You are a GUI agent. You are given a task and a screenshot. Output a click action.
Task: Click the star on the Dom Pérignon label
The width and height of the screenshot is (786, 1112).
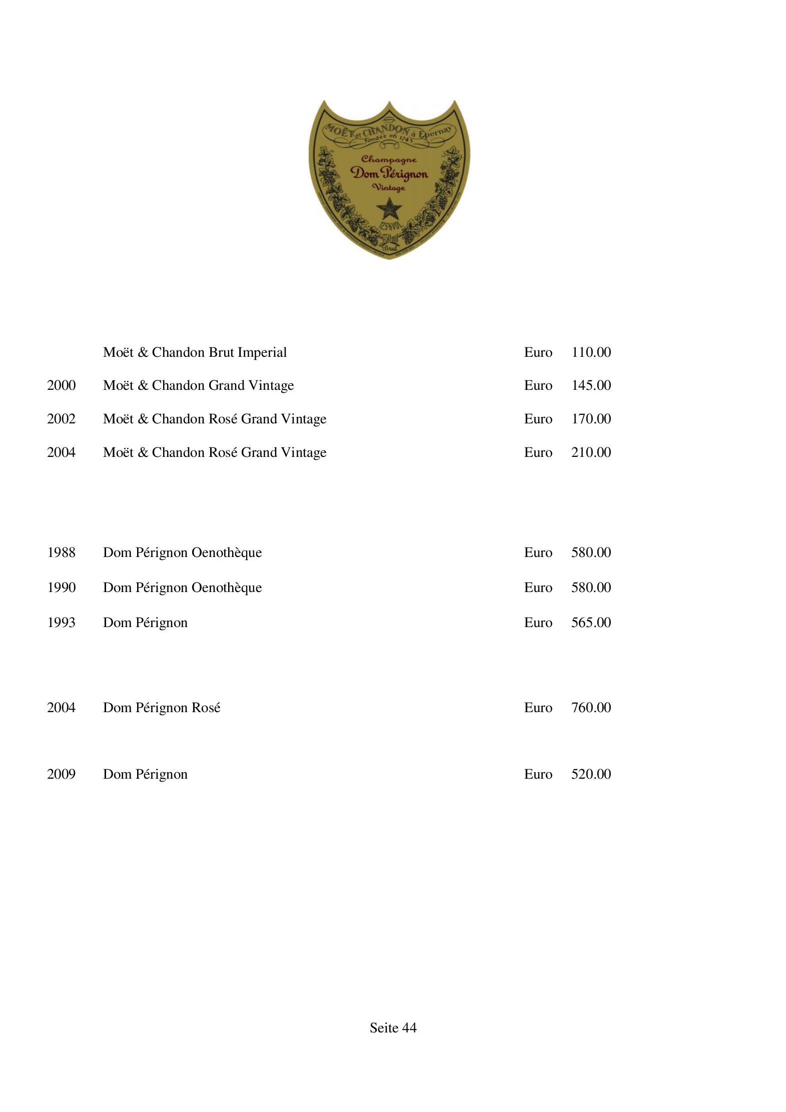click(x=388, y=208)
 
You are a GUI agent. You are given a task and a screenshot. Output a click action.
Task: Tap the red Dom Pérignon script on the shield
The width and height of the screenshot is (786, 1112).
click(x=389, y=174)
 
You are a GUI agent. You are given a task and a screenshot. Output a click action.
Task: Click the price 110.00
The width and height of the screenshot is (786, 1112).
click(x=591, y=352)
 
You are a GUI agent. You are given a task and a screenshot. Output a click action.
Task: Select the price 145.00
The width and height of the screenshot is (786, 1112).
click(x=591, y=385)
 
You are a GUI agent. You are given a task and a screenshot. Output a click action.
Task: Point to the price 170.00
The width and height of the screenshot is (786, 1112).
click(x=591, y=419)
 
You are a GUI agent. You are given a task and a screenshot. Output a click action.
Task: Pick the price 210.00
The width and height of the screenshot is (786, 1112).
click(x=591, y=452)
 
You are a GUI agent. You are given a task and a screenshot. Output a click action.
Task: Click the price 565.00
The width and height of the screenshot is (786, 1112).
click(x=591, y=623)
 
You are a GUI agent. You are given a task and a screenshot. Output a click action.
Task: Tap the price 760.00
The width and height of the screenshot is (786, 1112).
click(x=591, y=708)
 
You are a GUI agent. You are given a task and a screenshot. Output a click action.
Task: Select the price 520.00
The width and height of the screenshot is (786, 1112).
click(x=591, y=774)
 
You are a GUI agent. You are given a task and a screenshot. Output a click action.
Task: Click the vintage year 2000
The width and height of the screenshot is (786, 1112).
click(x=61, y=385)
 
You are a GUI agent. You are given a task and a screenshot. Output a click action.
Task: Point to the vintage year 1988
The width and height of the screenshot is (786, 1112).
click(x=61, y=552)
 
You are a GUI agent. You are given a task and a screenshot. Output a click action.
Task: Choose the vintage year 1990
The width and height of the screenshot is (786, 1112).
click(x=61, y=588)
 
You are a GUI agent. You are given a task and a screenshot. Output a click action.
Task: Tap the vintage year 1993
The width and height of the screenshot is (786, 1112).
click(x=61, y=623)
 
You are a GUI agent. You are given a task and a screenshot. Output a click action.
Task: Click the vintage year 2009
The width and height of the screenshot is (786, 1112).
click(x=61, y=774)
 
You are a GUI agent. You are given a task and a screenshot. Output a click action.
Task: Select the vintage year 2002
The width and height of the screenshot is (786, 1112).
click(x=61, y=419)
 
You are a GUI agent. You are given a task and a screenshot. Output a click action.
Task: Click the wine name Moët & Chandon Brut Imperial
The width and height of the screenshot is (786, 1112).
click(x=195, y=352)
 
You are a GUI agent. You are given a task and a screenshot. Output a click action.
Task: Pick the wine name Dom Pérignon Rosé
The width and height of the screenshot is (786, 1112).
click(x=161, y=708)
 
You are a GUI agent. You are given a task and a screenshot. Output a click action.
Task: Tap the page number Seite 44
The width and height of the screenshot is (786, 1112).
click(x=393, y=1028)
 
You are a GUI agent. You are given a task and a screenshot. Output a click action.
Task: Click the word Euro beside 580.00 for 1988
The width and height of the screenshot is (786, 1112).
click(x=538, y=552)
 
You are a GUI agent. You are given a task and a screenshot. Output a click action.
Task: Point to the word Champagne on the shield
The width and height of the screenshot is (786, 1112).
click(x=389, y=159)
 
